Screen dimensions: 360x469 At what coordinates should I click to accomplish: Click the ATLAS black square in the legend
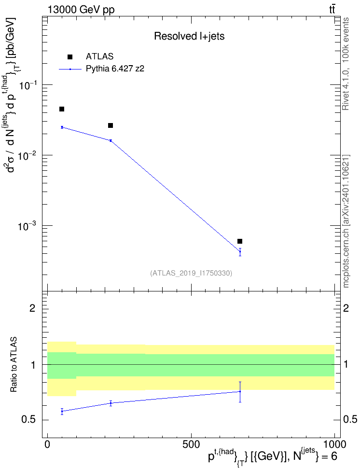pos(70,57)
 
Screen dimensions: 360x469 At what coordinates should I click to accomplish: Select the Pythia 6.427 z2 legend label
pos(115,69)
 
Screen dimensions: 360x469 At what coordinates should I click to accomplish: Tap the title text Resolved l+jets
pos(189,36)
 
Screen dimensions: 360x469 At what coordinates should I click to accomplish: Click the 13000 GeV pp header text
pos(81,10)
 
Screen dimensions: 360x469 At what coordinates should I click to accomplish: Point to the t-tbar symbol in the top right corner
pos(332,10)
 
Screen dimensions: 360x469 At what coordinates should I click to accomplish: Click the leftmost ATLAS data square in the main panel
pos(62,109)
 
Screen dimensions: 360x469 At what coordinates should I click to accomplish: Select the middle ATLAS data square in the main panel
pos(111,125)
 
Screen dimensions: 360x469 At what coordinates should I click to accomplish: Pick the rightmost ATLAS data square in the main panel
pos(240,241)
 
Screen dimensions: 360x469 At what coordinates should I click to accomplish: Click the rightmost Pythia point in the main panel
pos(240,251)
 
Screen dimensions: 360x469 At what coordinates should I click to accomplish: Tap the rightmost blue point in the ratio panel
pos(240,391)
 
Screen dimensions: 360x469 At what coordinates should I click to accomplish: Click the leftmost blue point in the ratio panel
pos(62,411)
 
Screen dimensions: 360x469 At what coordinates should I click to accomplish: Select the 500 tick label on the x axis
pos(191,444)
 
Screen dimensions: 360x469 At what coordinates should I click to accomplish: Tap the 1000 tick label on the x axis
pos(334,444)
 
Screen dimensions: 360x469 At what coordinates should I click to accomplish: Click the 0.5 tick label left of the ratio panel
pos(28,420)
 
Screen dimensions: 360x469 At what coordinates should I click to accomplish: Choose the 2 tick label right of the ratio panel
pos(346,308)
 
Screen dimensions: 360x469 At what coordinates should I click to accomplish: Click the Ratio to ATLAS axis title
pos(14,365)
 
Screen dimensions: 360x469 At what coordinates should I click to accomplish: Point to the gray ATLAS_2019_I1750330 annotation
pos(191,273)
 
